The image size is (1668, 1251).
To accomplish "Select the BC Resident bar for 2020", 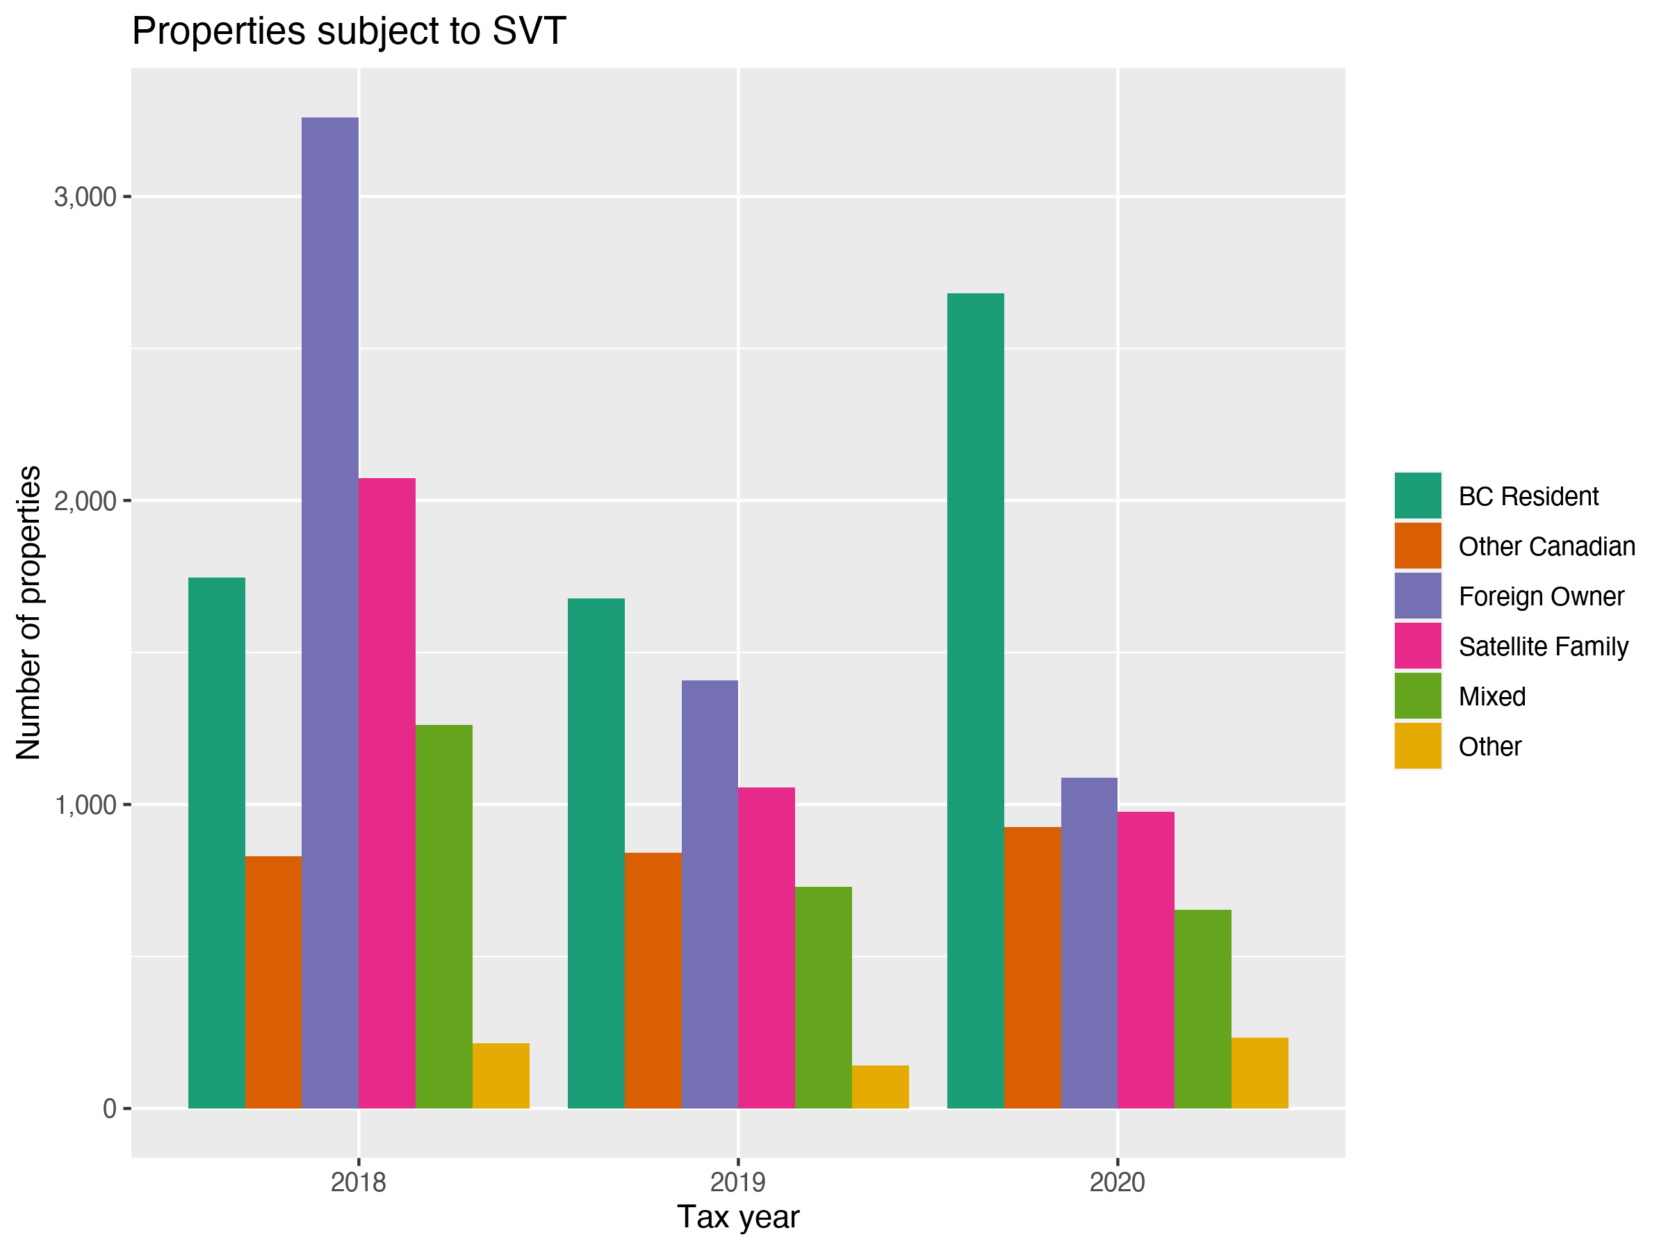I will [x=975, y=701].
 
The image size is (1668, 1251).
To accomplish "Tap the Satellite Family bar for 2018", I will [x=387, y=792].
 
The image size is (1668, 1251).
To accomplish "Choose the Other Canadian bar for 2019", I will [x=653, y=980].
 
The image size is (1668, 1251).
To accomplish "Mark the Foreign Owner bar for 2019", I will [x=710, y=894].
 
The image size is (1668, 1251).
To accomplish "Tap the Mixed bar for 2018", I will [x=444, y=916].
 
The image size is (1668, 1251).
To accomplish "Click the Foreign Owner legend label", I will [x=1541, y=596].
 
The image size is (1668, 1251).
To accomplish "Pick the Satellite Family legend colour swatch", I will [x=1418, y=646].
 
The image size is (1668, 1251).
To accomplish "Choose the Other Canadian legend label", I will [x=1546, y=546].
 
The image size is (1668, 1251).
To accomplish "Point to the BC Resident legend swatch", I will [x=1418, y=496].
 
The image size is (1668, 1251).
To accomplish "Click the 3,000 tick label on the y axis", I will [x=85, y=197].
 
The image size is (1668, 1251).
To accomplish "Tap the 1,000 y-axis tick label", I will [x=85, y=806].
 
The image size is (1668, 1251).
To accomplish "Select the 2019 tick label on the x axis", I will [x=737, y=1181].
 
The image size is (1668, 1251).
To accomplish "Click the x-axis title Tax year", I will [x=737, y=1217].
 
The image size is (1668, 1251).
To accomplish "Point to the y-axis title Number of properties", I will [x=28, y=612].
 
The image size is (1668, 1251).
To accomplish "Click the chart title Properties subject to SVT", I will [x=348, y=32].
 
